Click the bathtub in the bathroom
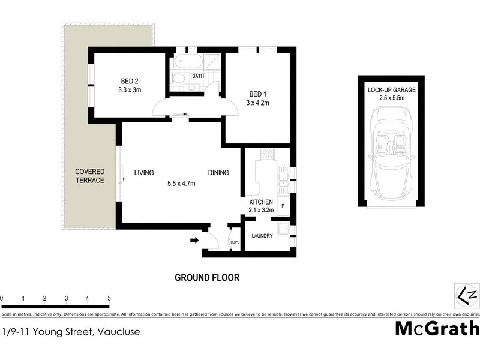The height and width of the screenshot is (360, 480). click(188, 61)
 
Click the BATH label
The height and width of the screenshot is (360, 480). click(198, 76)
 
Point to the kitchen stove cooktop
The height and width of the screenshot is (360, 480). click(266, 154)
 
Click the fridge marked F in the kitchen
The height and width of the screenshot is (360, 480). click(283, 206)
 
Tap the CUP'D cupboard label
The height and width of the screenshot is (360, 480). click(235, 242)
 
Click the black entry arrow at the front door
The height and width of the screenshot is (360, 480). click(194, 241)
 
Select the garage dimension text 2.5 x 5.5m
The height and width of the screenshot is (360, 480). click(391, 97)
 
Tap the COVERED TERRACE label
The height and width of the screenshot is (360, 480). click(89, 176)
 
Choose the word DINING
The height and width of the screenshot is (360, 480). click(218, 173)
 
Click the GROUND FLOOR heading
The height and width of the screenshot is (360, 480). click(207, 277)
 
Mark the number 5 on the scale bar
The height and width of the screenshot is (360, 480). click(109, 298)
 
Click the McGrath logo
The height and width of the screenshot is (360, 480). click(437, 328)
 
